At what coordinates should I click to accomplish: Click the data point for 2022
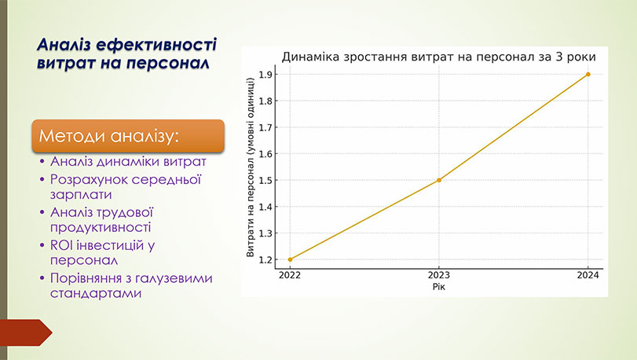(290, 259)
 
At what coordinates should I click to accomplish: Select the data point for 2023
(439, 180)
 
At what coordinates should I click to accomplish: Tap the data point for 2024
(588, 75)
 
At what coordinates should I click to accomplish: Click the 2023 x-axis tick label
(439, 275)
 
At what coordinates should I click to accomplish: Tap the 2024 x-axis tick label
(588, 275)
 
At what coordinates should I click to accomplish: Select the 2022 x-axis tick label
(290, 275)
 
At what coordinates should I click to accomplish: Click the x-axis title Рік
(438, 287)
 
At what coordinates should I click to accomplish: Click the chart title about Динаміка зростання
(438, 57)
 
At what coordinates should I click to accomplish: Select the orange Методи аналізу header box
(115, 135)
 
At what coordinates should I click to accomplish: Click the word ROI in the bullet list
(61, 245)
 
